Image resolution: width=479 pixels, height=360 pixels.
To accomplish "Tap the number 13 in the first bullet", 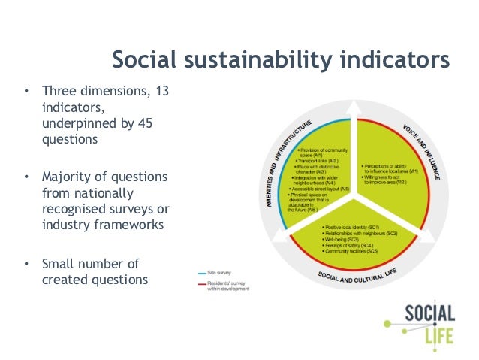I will click(161, 92).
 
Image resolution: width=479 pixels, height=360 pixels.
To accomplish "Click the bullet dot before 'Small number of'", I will click(26, 263).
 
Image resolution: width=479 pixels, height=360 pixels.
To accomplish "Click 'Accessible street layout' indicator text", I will click(323, 189).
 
